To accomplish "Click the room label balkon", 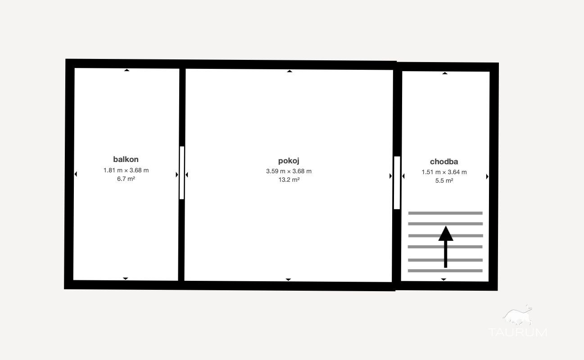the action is (126, 159).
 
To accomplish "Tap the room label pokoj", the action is (289, 161).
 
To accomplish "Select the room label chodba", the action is (444, 162).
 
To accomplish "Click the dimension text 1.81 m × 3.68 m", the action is (126, 171).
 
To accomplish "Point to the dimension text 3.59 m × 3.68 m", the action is (289, 171).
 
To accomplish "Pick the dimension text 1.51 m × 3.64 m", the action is (444, 172).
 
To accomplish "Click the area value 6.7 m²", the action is (126, 179).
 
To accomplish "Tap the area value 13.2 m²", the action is (289, 180).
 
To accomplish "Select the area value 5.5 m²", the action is (444, 180).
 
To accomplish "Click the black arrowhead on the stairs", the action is (446, 234).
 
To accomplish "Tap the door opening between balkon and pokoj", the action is (182, 173).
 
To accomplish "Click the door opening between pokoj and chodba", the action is (397, 183).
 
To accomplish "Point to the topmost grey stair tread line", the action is (445, 213).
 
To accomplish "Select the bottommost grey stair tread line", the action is (445, 270).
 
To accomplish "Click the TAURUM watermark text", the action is (517, 332).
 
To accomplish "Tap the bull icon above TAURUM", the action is (517, 316).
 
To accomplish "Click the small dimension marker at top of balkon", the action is (127, 70).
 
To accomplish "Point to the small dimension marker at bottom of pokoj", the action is (288, 279).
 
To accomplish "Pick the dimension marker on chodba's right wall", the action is (487, 176).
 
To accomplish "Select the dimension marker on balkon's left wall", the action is (76, 174).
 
